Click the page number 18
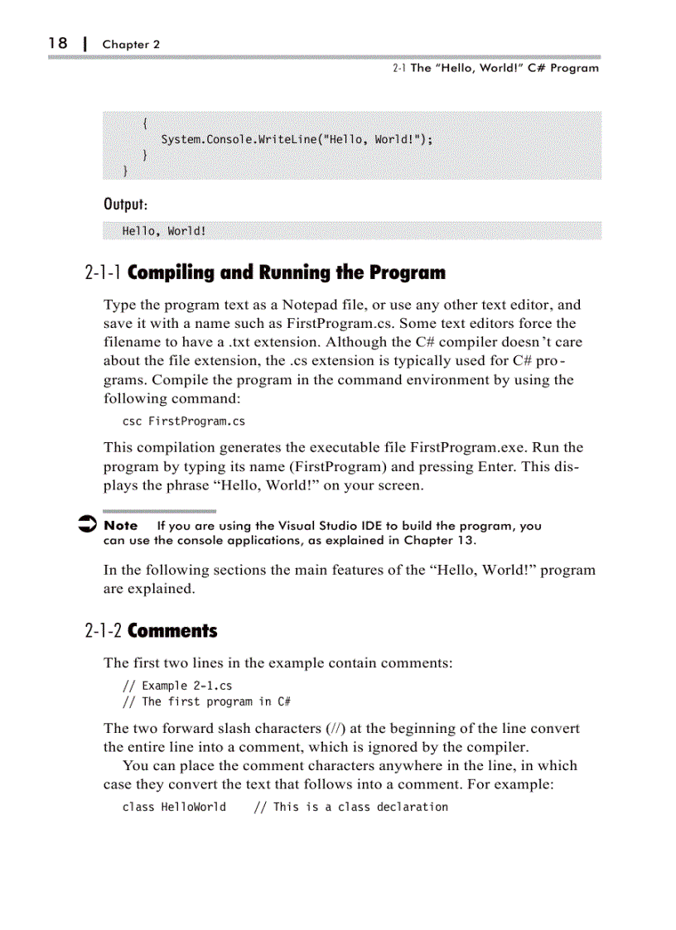click(x=57, y=43)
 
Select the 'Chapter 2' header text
click(x=131, y=45)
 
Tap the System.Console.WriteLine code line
click(x=297, y=139)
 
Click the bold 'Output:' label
click(x=126, y=204)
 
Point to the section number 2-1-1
click(x=104, y=273)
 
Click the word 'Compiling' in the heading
click(x=170, y=273)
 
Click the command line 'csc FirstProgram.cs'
click(x=184, y=422)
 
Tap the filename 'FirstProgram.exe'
click(x=463, y=447)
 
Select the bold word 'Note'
click(x=121, y=526)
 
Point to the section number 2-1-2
click(x=104, y=631)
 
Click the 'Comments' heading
click(x=172, y=631)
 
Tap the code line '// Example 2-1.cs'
click(x=177, y=686)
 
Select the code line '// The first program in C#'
click(x=206, y=701)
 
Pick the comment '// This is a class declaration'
click(x=350, y=807)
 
